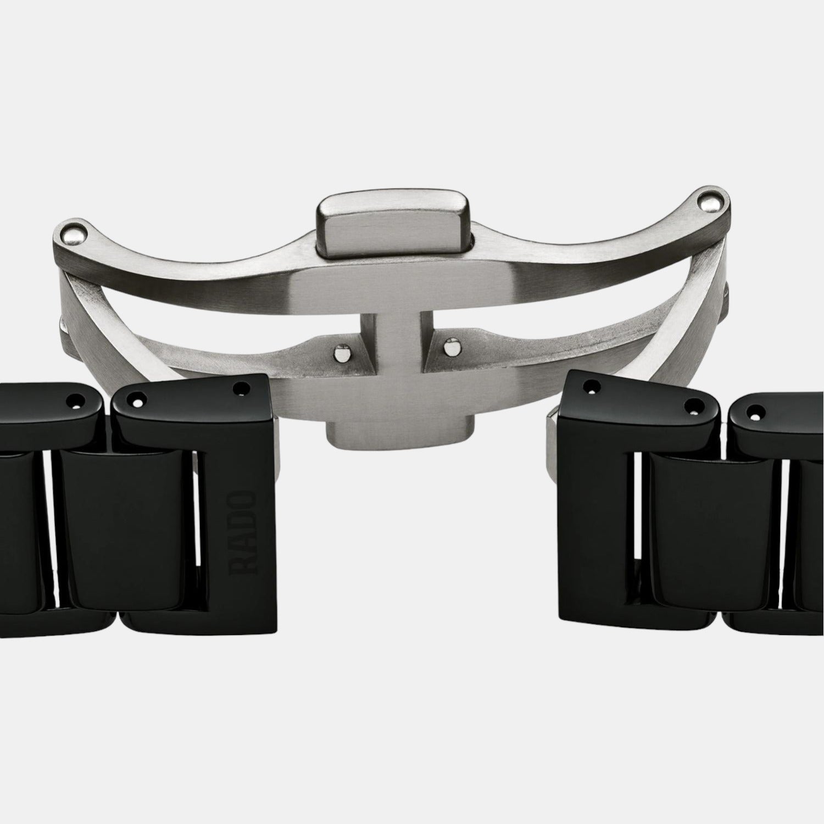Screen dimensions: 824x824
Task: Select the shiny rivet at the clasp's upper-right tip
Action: pyautogui.click(x=710, y=203)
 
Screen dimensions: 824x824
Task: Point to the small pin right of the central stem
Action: pyautogui.click(x=452, y=347)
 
